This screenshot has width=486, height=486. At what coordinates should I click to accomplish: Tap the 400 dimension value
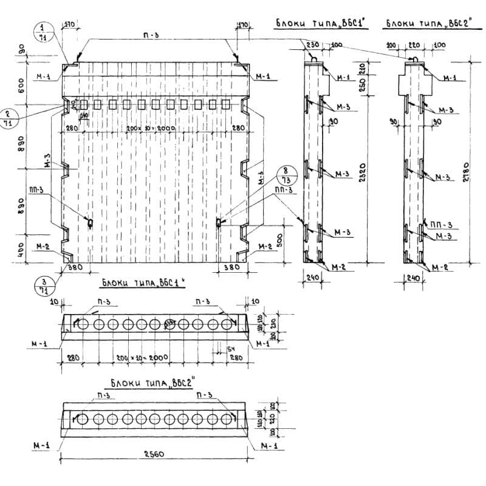click(20, 249)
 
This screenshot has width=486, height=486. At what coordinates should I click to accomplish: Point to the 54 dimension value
click(231, 349)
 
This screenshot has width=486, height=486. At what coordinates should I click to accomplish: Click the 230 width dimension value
click(313, 46)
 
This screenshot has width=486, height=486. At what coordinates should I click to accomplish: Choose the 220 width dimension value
click(413, 46)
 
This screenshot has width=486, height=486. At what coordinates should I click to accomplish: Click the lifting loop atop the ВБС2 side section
click(414, 59)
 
